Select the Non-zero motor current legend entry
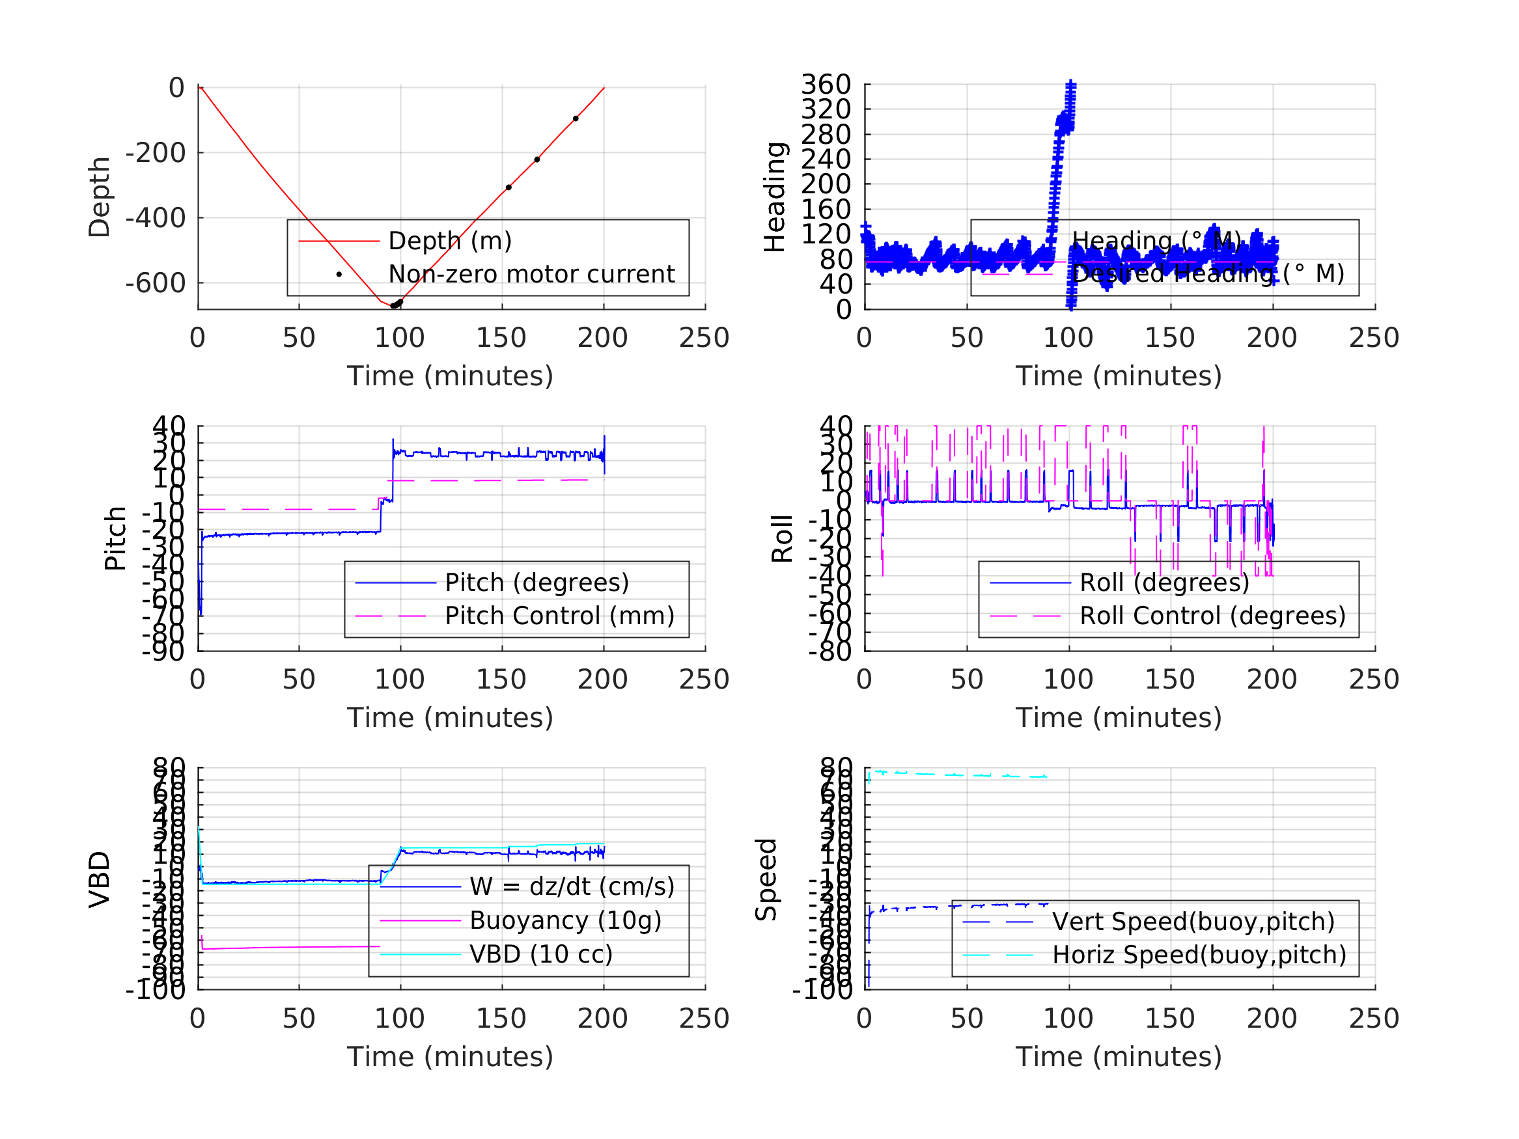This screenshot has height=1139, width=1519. [x=531, y=274]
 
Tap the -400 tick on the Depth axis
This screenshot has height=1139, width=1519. [x=155, y=218]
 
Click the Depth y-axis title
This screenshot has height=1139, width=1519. [x=100, y=197]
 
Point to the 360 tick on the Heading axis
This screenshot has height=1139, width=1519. [x=826, y=85]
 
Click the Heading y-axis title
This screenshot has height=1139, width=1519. [x=775, y=197]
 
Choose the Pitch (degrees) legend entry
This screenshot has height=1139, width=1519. [x=537, y=583]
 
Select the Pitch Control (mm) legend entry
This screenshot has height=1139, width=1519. [x=559, y=616]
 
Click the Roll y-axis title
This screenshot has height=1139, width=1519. [x=782, y=538]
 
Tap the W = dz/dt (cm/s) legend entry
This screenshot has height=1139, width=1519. [x=572, y=886]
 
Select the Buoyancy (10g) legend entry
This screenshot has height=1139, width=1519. [x=564, y=920]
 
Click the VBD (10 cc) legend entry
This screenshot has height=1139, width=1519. [x=540, y=954]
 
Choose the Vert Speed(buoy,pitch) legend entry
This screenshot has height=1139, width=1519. [x=1193, y=922]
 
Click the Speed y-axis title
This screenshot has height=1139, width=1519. [x=766, y=879]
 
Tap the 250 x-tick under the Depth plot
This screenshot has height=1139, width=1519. [x=704, y=338]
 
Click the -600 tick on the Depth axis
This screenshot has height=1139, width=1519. [x=155, y=283]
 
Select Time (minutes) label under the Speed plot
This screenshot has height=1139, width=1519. [x=1119, y=1056]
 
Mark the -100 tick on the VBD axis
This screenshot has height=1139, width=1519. [x=155, y=989]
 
